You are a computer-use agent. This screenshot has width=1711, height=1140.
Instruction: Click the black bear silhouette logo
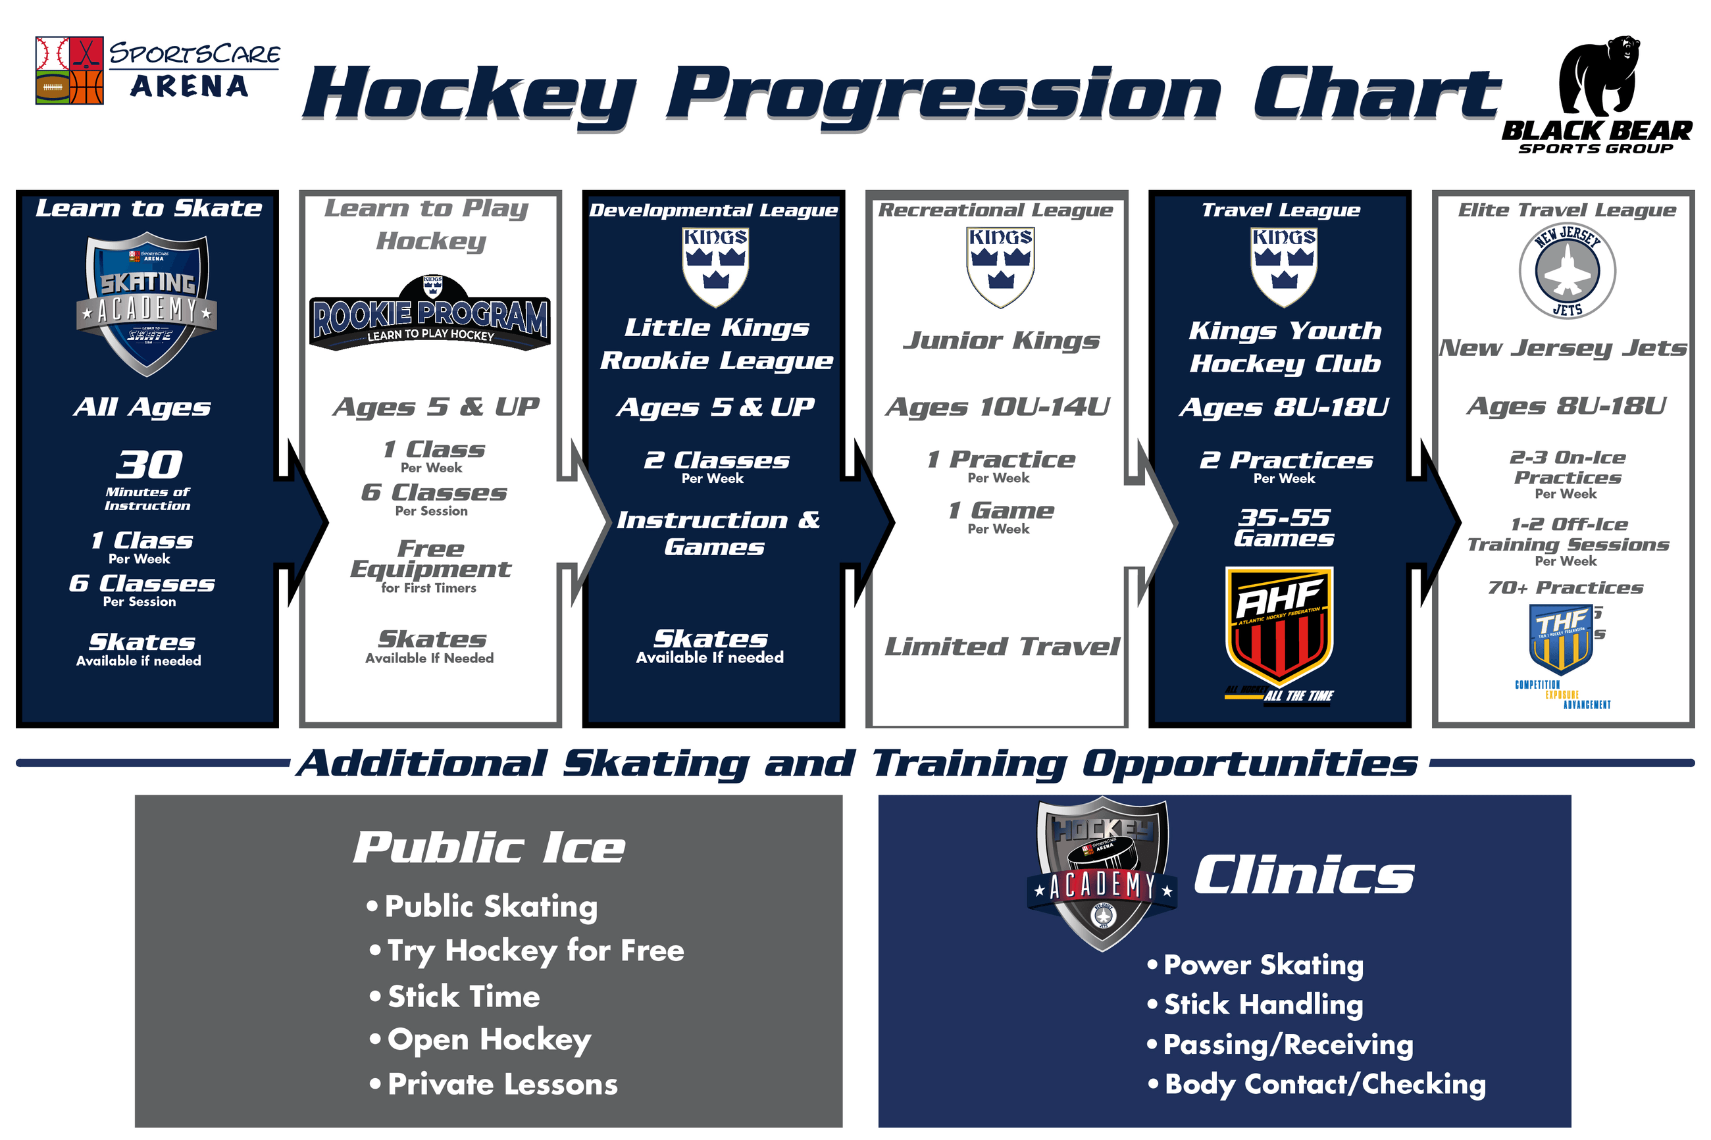pyautogui.click(x=1598, y=76)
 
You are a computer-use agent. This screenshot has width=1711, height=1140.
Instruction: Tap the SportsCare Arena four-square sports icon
pyautogui.click(x=69, y=70)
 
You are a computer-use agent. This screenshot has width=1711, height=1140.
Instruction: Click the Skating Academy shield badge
pyautogui.click(x=147, y=303)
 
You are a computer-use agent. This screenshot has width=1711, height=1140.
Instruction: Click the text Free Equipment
pyautogui.click(x=430, y=559)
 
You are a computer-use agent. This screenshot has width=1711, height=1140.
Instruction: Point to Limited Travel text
pyautogui.click(x=1002, y=647)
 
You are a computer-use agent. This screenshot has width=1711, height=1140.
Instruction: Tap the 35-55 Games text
pyautogui.click(x=1283, y=528)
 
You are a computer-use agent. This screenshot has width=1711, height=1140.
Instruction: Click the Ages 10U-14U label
pyautogui.click(x=997, y=407)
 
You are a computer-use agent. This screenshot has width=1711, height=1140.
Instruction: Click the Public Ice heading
pyautogui.click(x=489, y=848)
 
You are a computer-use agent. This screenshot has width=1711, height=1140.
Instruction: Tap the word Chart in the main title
pyautogui.click(x=1376, y=95)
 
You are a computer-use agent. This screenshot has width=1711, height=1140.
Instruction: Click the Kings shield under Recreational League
pyautogui.click(x=1000, y=267)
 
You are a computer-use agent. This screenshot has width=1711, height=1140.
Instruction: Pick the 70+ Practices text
pyautogui.click(x=1565, y=587)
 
